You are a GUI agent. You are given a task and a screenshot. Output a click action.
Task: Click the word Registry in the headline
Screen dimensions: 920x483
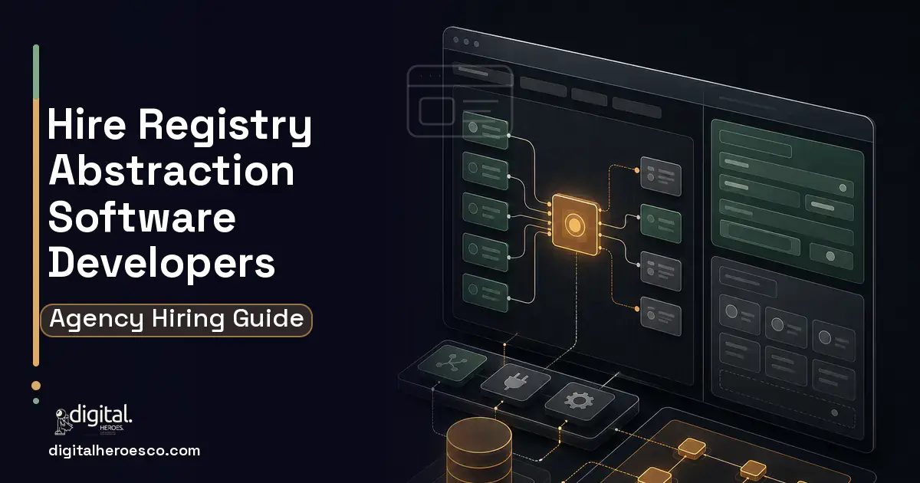(x=225, y=126)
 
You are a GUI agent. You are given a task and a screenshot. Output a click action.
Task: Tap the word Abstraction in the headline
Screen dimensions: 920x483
(x=171, y=170)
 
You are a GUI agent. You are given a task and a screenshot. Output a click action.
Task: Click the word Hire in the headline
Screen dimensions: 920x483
(x=87, y=123)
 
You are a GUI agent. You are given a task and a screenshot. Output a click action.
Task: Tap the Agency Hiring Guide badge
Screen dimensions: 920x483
(x=176, y=320)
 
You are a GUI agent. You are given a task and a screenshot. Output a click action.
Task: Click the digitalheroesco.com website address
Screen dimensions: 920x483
(x=124, y=451)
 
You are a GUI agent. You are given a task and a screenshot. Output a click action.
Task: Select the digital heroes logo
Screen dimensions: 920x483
(x=94, y=419)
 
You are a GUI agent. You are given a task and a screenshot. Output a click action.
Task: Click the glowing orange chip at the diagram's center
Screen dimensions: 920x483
(x=574, y=224)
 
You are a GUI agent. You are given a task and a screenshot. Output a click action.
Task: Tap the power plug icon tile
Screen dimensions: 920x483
(x=515, y=382)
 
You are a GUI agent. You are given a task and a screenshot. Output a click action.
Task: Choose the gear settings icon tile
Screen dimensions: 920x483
(x=580, y=401)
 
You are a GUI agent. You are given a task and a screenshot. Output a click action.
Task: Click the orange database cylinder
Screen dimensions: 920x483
(x=479, y=451)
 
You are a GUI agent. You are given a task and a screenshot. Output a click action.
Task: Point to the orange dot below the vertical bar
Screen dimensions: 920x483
(x=36, y=386)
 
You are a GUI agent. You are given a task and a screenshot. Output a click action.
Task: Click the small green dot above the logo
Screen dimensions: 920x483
(x=36, y=401)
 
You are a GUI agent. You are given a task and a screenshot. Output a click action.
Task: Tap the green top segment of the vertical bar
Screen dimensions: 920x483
(x=36, y=72)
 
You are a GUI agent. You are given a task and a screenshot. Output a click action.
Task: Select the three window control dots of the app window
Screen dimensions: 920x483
(x=466, y=41)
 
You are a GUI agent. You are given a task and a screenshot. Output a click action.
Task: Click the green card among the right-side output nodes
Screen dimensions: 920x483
(x=661, y=223)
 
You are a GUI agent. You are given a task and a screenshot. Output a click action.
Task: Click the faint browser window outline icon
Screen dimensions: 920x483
(x=460, y=101)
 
